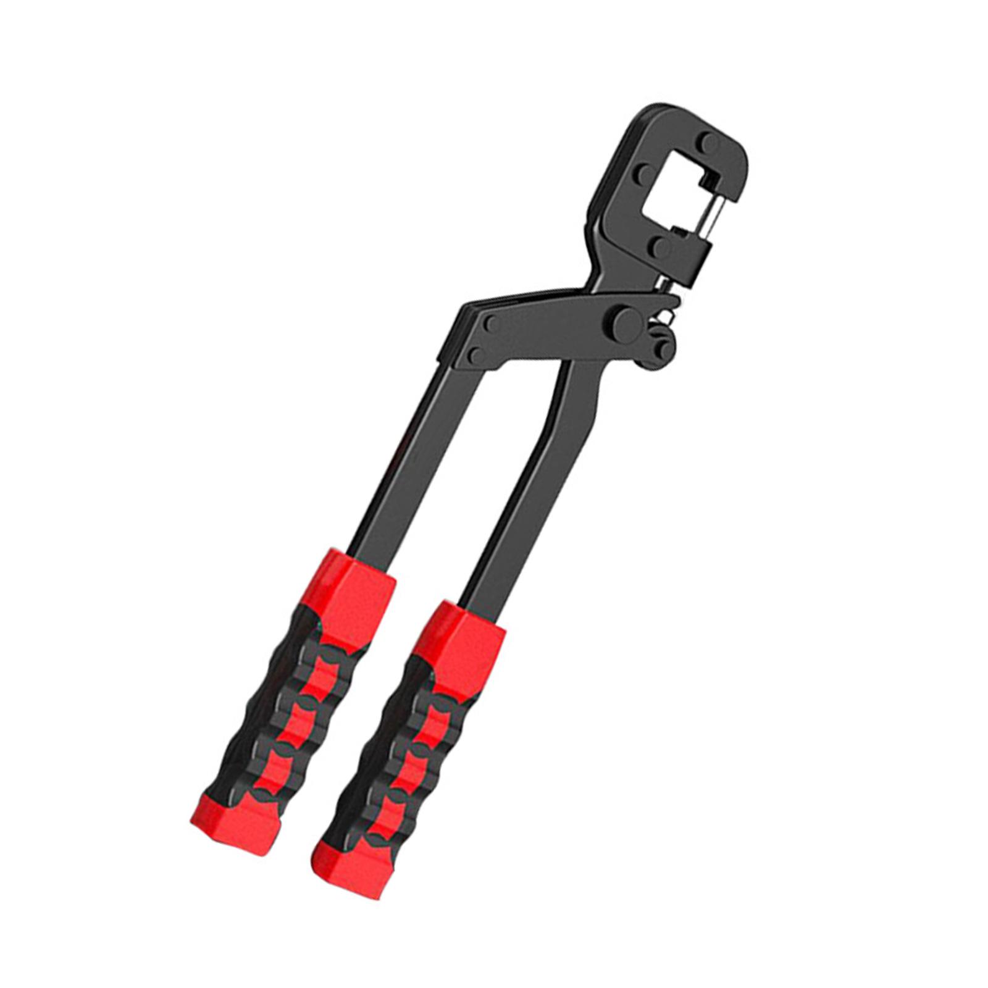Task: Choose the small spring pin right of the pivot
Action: (x=668, y=315)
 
